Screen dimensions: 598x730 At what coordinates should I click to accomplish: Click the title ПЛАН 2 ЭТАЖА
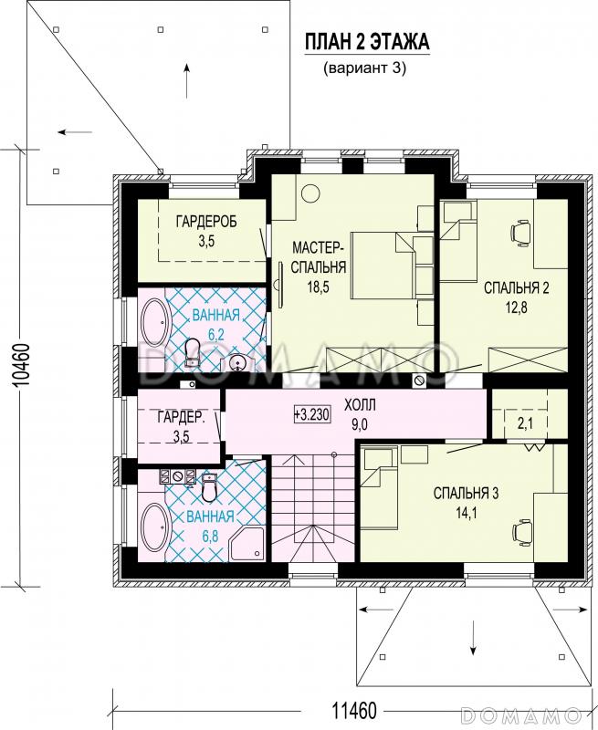point(366,42)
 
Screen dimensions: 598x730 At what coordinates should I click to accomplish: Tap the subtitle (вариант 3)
point(365,68)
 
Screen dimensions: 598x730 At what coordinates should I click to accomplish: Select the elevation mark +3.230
point(312,414)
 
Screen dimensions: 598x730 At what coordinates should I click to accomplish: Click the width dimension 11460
point(354,711)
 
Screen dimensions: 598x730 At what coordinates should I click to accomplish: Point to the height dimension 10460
point(22,365)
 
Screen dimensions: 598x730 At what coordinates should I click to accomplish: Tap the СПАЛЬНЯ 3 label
point(466,493)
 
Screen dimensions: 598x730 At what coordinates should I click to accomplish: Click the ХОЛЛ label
point(360,405)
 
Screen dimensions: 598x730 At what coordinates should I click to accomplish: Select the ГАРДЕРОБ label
point(206,222)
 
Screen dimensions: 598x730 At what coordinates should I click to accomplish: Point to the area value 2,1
point(524,423)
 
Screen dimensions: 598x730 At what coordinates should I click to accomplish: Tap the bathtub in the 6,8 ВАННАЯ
point(155,528)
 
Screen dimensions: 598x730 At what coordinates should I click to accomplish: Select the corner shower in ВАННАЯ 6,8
point(247,543)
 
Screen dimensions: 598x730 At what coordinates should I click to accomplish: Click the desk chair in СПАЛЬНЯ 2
point(520,233)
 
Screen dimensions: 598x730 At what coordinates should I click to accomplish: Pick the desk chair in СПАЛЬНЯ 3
point(520,531)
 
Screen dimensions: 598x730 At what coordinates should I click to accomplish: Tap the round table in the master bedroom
point(309,193)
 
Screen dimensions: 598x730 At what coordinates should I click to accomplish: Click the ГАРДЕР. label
point(181,417)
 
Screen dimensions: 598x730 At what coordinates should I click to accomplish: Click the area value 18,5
point(318,287)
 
